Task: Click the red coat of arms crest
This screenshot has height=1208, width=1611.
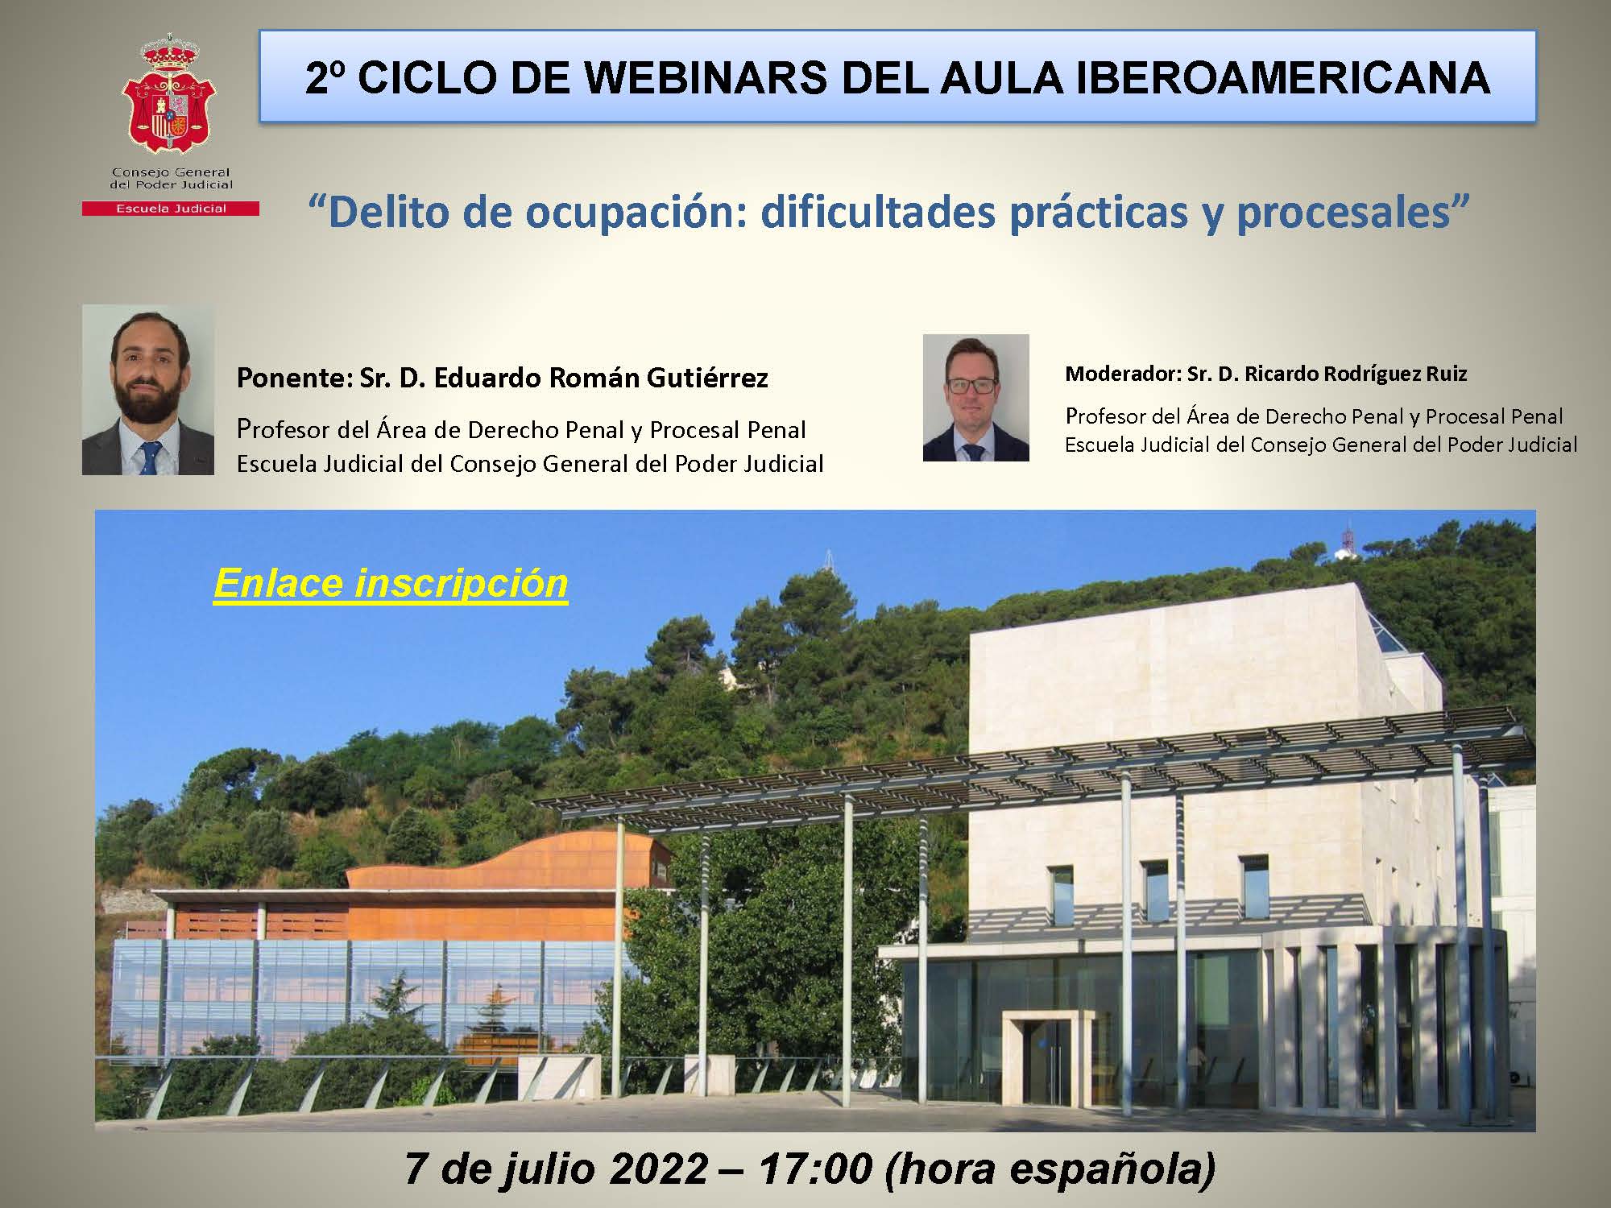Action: (x=170, y=94)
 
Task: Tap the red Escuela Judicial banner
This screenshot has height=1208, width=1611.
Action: (x=170, y=209)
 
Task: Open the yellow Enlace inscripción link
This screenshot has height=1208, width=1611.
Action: (x=391, y=583)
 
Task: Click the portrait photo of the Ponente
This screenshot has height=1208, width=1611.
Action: (x=148, y=390)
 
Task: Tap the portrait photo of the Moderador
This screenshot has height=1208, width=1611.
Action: (x=976, y=398)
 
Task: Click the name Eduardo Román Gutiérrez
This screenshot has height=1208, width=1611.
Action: (x=601, y=378)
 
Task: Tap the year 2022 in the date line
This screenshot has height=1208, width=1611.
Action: (x=659, y=1169)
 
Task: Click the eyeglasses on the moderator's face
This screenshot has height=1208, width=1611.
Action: (x=974, y=385)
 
